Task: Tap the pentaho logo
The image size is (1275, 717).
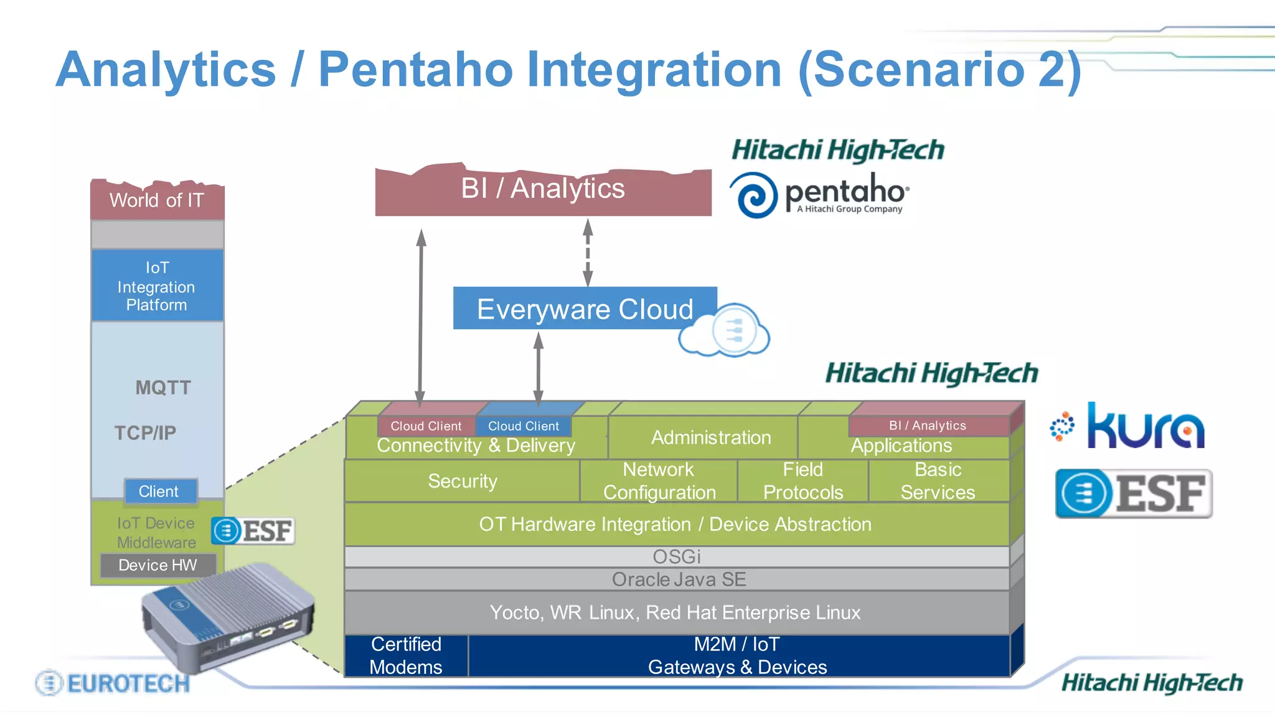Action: [x=819, y=195]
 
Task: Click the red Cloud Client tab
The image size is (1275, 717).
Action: [x=426, y=426]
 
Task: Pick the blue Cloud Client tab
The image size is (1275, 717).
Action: [x=523, y=426]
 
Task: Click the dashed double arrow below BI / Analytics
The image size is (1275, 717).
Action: [x=587, y=252]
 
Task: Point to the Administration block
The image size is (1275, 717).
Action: [x=710, y=438]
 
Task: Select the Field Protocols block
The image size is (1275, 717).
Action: [x=802, y=480]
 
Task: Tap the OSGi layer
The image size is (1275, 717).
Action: [x=676, y=556]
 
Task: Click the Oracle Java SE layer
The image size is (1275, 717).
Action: [x=678, y=579]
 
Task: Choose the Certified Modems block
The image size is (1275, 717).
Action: [x=406, y=655]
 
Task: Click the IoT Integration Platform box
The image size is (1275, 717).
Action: [x=157, y=286]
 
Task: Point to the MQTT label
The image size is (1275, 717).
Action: [x=163, y=388]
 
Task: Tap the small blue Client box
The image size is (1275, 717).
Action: [x=159, y=491]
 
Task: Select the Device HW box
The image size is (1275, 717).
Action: [x=158, y=565]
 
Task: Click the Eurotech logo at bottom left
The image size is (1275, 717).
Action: [x=113, y=683]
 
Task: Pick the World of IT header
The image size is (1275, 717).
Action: [x=157, y=200]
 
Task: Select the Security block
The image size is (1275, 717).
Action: [x=462, y=480]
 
